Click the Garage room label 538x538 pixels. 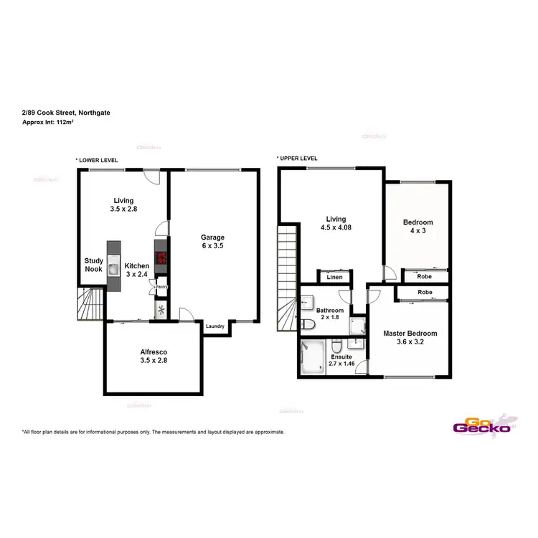[x=212, y=237]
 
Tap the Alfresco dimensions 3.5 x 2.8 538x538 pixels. [x=154, y=362]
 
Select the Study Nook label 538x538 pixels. [x=93, y=265]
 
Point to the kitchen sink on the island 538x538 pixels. [x=114, y=270]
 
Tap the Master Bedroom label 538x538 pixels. [x=410, y=334]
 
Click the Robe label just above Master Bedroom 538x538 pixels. [x=425, y=293]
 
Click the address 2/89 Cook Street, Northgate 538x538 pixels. [x=66, y=113]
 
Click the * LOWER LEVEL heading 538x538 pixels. [x=97, y=160]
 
